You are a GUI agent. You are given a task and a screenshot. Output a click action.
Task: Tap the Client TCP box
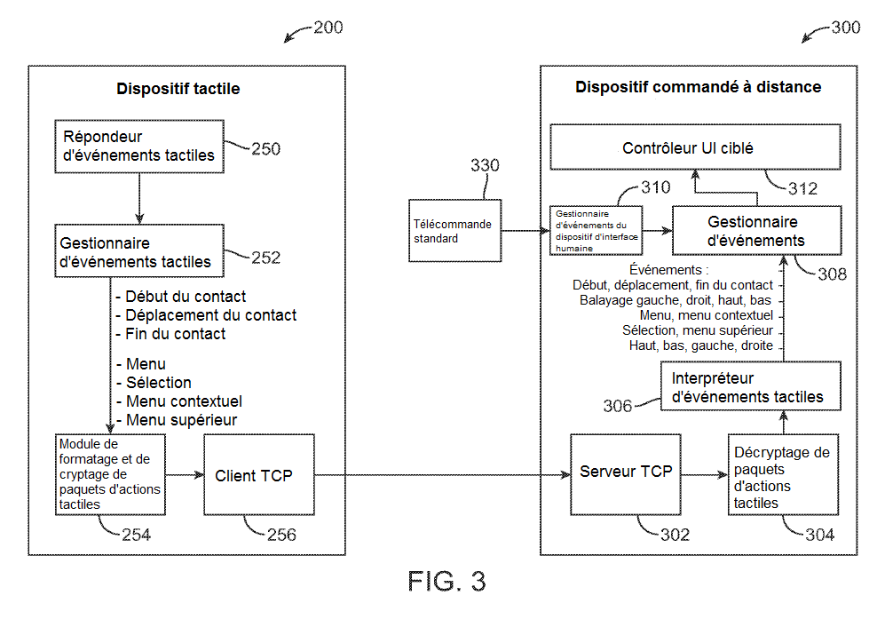coord(259,475)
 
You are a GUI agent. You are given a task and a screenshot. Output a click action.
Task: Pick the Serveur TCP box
coord(626,472)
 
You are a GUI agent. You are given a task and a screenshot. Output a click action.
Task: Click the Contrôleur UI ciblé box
coord(695,147)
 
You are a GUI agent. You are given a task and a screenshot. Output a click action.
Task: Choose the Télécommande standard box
coord(455,231)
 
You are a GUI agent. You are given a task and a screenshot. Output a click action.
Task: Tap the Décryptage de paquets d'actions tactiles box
coord(781,477)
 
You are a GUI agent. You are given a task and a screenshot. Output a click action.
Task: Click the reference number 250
coord(265,149)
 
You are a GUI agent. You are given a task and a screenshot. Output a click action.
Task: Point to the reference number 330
coord(485,165)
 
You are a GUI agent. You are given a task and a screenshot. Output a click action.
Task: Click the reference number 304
coord(819,535)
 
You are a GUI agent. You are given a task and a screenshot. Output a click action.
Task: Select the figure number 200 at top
coord(328,28)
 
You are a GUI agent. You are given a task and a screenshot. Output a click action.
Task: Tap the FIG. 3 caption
coord(446,582)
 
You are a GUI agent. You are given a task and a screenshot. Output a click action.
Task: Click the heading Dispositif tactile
coord(178,89)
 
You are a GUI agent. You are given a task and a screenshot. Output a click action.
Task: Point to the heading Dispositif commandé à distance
coord(698,87)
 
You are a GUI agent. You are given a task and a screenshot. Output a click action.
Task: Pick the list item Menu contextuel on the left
coord(184,401)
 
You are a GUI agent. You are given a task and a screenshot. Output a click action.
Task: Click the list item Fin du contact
coord(175,334)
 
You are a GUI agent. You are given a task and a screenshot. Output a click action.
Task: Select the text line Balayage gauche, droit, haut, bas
coord(676,300)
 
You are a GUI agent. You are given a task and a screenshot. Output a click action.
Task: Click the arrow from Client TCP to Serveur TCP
coord(442,475)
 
